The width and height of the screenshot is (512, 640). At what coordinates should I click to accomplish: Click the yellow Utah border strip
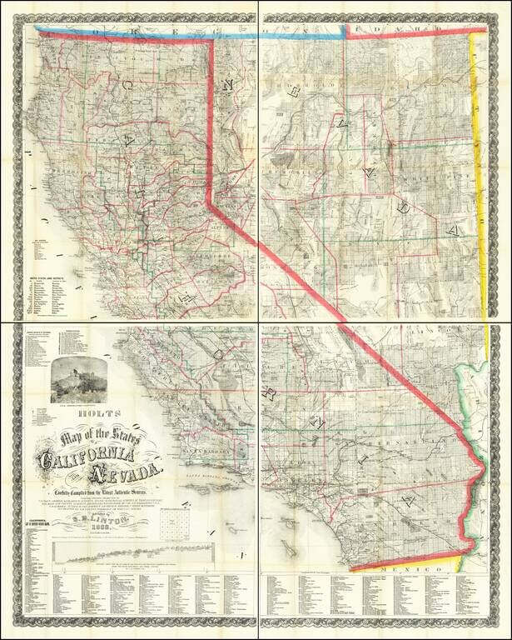pyautogui.click(x=478, y=167)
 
